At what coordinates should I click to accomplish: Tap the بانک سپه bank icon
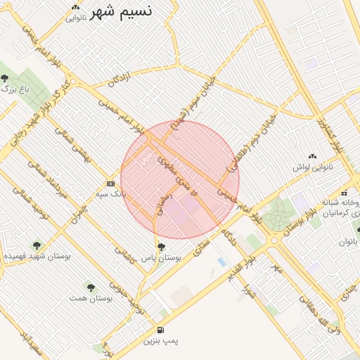coord(110,182)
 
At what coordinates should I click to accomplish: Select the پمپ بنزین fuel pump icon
coord(162,330)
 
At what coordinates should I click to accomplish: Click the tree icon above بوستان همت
coord(91,287)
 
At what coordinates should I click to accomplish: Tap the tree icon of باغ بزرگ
coord(5,78)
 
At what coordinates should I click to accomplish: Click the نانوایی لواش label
coord(311,168)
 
